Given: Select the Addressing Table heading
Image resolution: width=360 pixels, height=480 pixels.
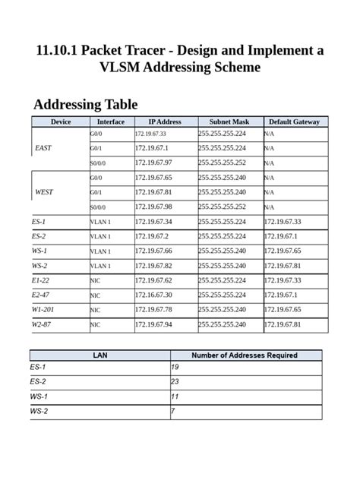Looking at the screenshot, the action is (85, 104).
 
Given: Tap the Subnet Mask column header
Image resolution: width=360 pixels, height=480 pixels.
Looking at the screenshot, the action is (230, 122).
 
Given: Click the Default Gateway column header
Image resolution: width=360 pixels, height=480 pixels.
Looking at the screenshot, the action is (294, 122).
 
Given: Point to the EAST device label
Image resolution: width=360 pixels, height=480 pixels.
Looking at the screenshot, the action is (43, 148).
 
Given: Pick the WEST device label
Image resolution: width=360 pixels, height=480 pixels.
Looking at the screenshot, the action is (44, 192).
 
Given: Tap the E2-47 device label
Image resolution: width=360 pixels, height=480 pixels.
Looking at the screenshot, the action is (41, 295).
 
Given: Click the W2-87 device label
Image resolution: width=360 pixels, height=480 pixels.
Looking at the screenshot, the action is (41, 325).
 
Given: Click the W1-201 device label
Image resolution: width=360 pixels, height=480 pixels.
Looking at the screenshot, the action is (44, 310).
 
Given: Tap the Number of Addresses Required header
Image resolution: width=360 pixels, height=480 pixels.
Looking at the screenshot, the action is (244, 355).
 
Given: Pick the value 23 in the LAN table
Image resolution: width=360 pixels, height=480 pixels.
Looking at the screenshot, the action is (175, 382).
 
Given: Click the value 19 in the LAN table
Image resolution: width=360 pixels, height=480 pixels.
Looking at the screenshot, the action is (175, 368).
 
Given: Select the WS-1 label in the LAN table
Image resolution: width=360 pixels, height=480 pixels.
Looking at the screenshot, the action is (39, 396).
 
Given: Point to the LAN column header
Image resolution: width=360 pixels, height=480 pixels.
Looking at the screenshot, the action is (99, 355).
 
